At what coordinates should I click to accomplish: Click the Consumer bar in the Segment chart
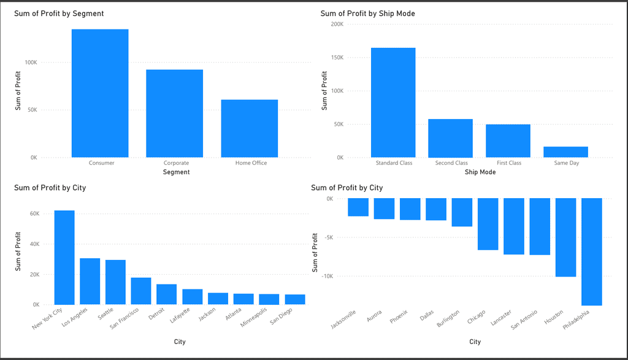(100, 93)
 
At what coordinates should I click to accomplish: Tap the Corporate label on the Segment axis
(176, 163)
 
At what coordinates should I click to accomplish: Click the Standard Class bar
(393, 102)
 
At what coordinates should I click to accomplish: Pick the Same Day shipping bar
(565, 152)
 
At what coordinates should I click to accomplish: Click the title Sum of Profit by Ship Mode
(364, 13)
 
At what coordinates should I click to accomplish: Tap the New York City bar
(64, 258)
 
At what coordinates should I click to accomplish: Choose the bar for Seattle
(115, 282)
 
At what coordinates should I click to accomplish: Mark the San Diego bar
(295, 299)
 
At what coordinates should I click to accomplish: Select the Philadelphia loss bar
(592, 251)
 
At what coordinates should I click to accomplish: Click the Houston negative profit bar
(566, 237)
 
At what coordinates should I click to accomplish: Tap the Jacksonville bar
(358, 207)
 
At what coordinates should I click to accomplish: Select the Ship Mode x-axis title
(480, 172)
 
